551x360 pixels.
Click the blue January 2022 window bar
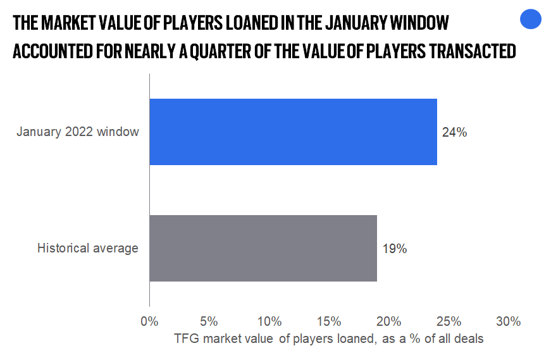(293, 132)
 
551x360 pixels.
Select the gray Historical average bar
(263, 248)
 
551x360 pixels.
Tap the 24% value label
(454, 133)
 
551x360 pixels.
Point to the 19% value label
(395, 249)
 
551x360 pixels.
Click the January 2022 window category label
(78, 132)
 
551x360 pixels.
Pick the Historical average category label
(87, 248)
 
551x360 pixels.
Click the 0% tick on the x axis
(149, 321)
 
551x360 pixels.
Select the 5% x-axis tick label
(209, 321)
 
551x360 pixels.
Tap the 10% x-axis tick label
(269, 321)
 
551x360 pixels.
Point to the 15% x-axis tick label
(329, 321)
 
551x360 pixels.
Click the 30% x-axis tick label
(508, 321)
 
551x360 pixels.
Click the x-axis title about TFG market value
(329, 339)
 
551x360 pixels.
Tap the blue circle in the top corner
(531, 20)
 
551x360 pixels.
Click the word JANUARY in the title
(345, 23)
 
